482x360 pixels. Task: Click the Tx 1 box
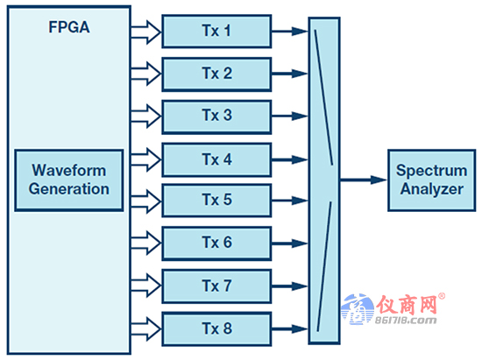coord(216,32)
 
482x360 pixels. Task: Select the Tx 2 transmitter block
coord(216,74)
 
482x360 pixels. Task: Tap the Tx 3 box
coord(216,116)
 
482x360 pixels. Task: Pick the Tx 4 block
coord(216,159)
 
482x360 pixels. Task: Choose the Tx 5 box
coord(216,201)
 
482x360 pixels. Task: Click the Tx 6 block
coord(216,244)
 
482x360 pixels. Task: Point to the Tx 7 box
coord(216,286)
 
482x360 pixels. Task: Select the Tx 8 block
coord(216,329)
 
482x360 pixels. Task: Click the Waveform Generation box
coord(69,180)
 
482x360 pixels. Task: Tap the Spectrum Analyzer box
coord(432,180)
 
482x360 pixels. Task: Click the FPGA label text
coord(69,27)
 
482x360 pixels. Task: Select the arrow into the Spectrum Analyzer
coord(364,180)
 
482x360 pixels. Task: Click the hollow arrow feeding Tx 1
coord(146,32)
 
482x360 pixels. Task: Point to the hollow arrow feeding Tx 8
coord(146,329)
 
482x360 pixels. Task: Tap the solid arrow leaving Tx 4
coord(290,159)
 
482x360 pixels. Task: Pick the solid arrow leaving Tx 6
coord(290,244)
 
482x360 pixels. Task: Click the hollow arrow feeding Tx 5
coord(146,201)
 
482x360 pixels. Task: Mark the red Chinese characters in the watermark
coord(407,305)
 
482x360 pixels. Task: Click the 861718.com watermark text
coord(406,321)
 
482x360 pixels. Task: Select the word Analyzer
coord(432,189)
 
